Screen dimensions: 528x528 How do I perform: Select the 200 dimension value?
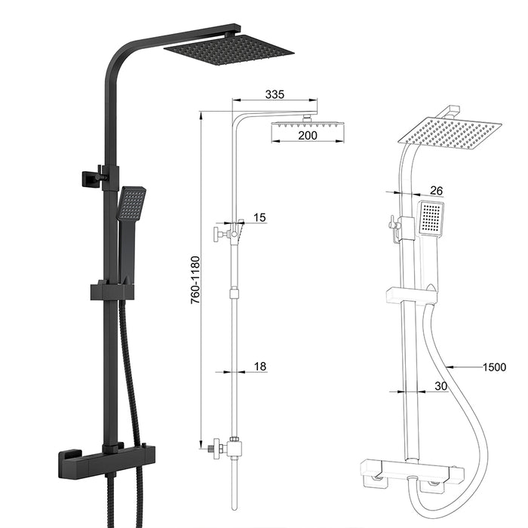click(x=307, y=136)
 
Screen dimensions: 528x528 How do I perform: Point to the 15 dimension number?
click(x=259, y=218)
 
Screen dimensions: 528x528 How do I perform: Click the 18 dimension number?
click(x=259, y=367)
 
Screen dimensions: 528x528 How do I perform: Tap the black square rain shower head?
click(x=228, y=49)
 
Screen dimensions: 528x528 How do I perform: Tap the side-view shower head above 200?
click(x=308, y=121)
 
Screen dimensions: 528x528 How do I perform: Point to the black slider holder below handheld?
click(x=112, y=291)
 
